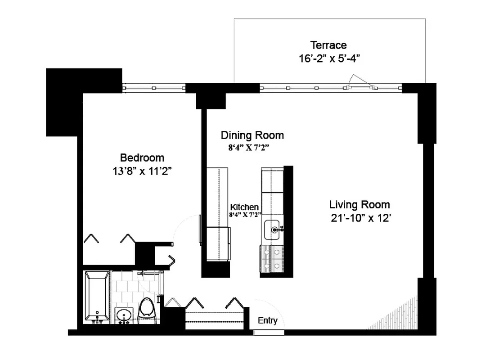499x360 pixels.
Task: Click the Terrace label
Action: click(x=328, y=45)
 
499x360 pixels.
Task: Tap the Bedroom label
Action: click(x=142, y=158)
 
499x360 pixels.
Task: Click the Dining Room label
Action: click(x=252, y=135)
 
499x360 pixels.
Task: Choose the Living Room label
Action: click(x=360, y=205)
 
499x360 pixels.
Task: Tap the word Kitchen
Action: click(x=244, y=207)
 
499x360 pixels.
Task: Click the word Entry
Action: click(x=268, y=321)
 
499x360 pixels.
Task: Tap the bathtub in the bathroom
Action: click(x=97, y=297)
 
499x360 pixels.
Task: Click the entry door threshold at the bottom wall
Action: click(x=269, y=333)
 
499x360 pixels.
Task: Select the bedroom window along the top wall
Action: click(x=154, y=88)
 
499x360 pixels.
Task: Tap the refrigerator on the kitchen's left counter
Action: click(x=218, y=243)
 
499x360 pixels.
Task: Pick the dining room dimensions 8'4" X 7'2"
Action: click(x=245, y=147)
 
